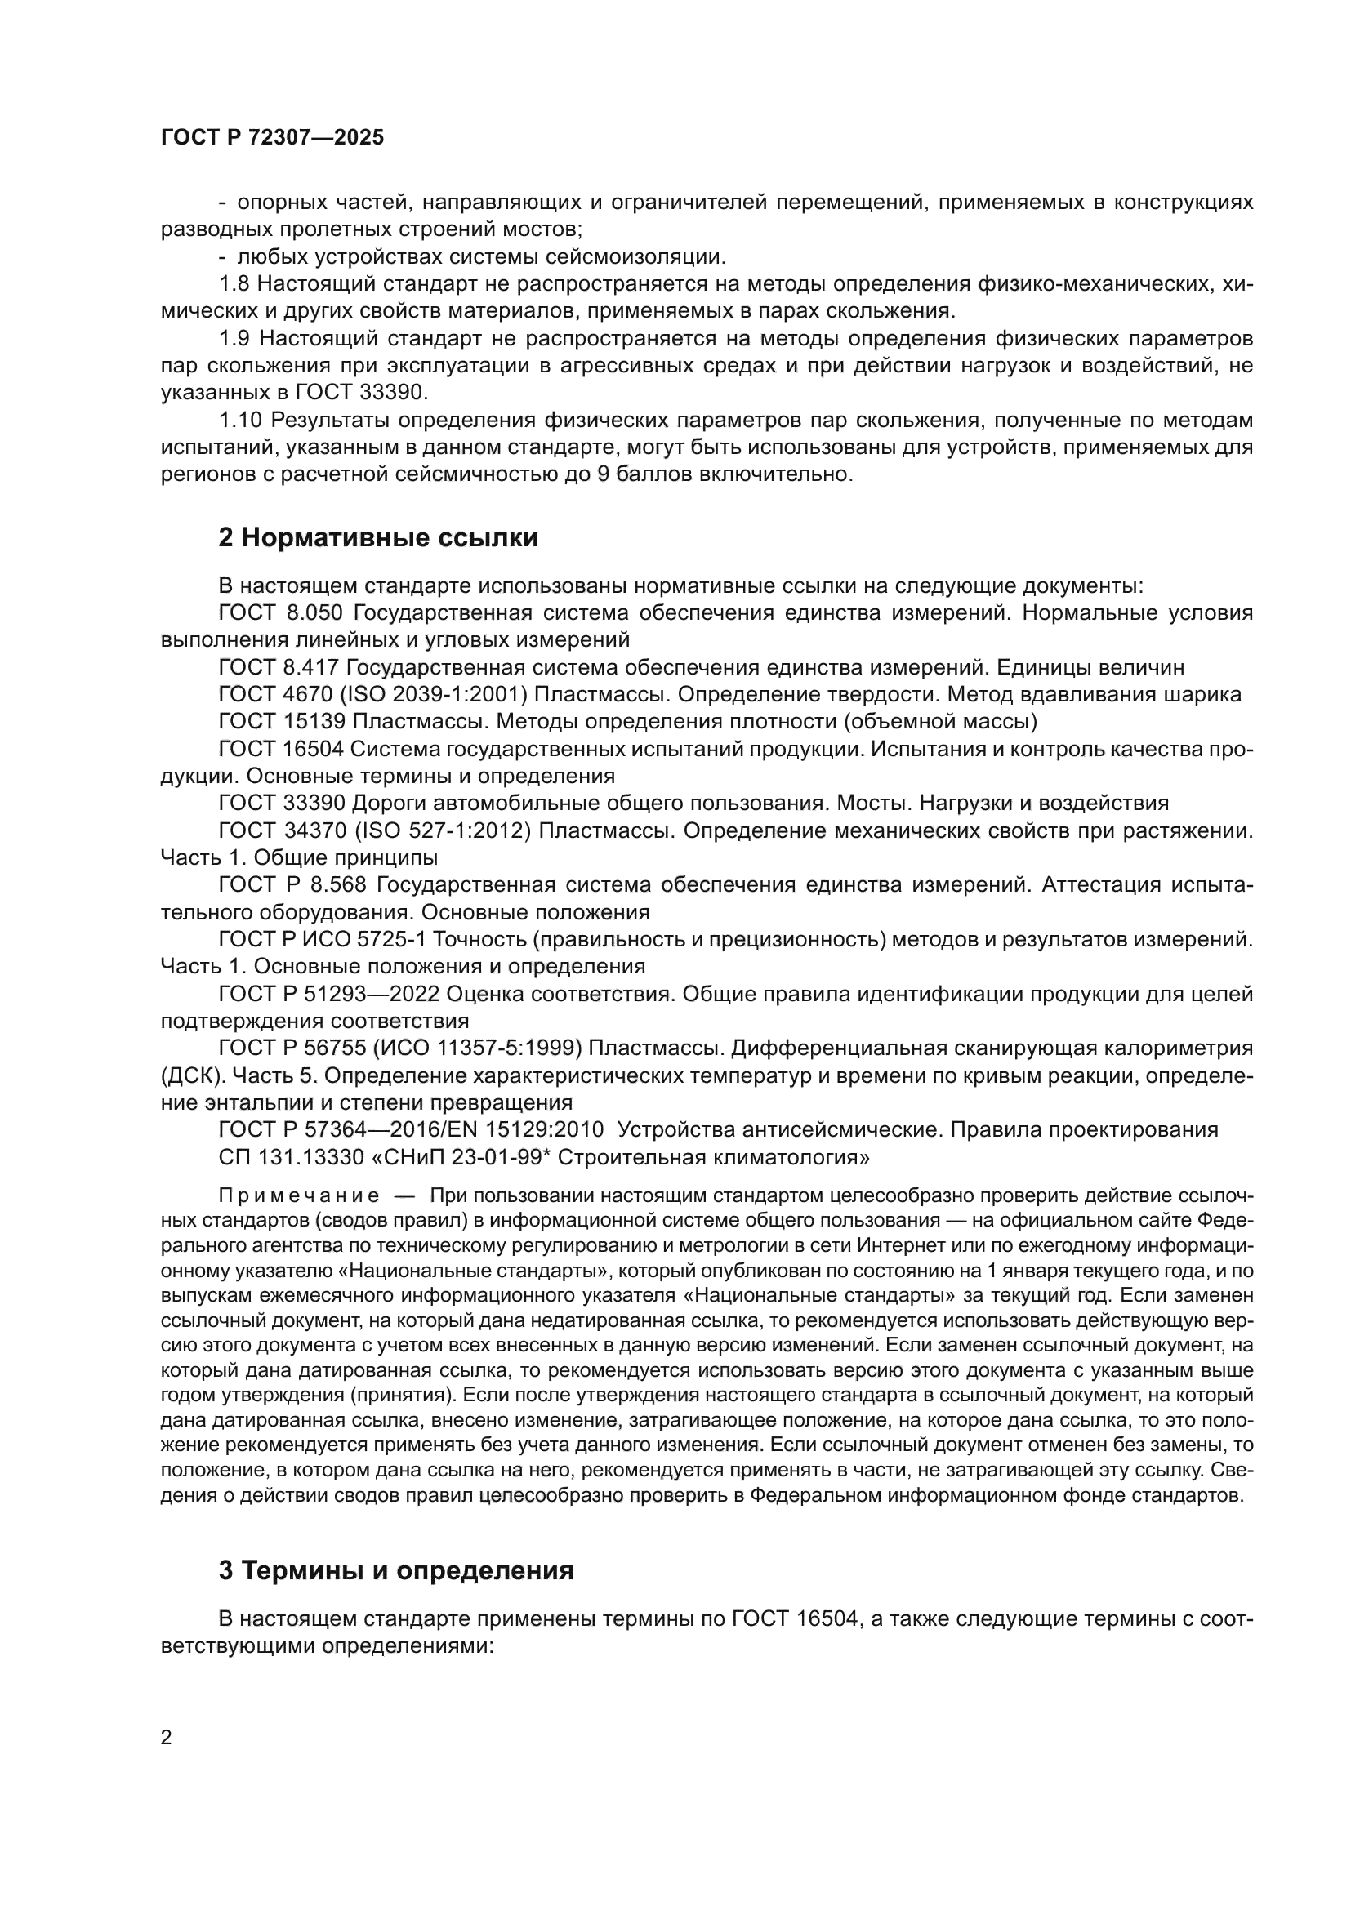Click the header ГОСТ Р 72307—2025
click(272, 138)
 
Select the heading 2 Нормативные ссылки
click(377, 538)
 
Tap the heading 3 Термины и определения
click(396, 1570)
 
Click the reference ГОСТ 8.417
click(279, 667)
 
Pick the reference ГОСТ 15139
click(282, 721)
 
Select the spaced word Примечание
click(299, 1196)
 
